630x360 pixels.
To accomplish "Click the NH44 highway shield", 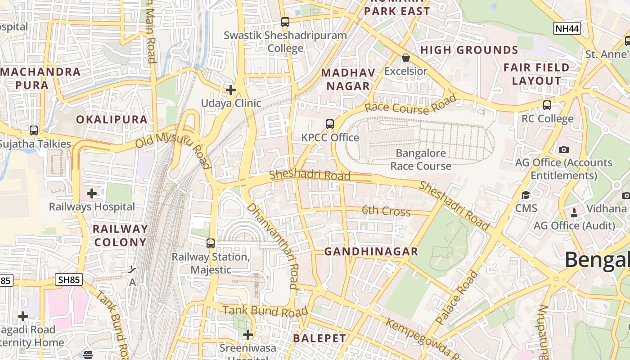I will click(567, 29).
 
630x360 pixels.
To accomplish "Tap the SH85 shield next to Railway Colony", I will click(69, 280).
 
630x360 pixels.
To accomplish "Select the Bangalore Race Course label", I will click(421, 160).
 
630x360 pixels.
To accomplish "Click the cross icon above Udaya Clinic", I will click(231, 90).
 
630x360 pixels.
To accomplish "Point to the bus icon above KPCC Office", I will click(330, 124).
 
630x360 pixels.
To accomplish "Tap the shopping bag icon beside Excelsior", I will click(405, 58).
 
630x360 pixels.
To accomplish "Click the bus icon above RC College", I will click(547, 105).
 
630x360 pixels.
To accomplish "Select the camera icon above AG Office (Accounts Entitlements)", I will click(563, 149).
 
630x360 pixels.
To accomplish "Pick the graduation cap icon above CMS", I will click(526, 195).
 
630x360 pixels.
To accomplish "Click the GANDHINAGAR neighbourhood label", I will click(371, 252).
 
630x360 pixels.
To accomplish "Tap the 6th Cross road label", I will click(386, 211).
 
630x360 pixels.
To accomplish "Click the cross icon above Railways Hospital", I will click(92, 193).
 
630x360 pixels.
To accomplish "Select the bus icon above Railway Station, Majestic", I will click(211, 243).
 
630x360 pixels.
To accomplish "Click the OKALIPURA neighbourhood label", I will click(112, 119).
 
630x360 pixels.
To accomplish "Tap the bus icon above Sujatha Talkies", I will click(34, 130).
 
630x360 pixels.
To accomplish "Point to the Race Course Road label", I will click(410, 105).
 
